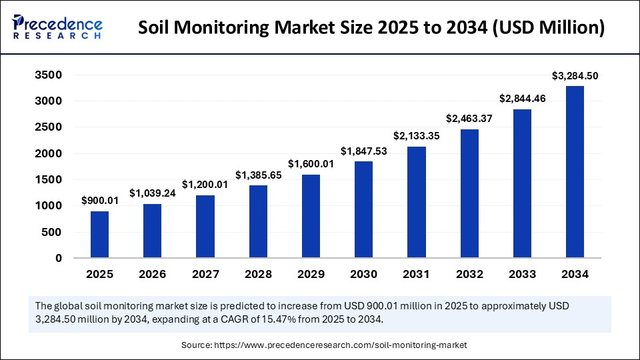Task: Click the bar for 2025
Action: (x=99, y=235)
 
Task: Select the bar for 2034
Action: (x=575, y=172)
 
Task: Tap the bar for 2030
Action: (x=363, y=209)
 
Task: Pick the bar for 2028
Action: (x=258, y=221)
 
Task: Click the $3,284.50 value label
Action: (x=575, y=76)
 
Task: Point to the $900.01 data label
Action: (x=99, y=201)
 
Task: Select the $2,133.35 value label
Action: (x=416, y=137)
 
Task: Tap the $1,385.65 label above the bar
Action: (x=258, y=175)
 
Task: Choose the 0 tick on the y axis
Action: (x=59, y=258)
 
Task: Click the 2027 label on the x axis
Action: (x=205, y=274)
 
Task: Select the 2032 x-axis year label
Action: (x=469, y=274)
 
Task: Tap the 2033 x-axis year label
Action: (x=521, y=274)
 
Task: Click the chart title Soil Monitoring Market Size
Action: (x=373, y=28)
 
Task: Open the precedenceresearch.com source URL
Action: (x=340, y=345)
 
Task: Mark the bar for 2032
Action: (x=469, y=193)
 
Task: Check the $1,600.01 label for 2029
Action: (x=311, y=164)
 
